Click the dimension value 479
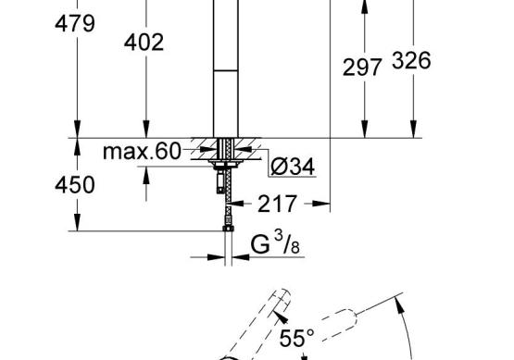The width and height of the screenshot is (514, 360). click(75, 23)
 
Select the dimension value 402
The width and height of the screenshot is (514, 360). click(144, 43)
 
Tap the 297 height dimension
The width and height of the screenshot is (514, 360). click(362, 68)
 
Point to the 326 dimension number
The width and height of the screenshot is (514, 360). click(411, 60)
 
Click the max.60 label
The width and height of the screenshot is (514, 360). click(142, 152)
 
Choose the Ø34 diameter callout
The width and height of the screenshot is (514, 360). click(293, 167)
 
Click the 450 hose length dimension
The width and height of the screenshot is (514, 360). click(75, 185)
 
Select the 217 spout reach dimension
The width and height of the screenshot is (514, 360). click(277, 204)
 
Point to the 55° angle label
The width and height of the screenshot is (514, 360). click(296, 338)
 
